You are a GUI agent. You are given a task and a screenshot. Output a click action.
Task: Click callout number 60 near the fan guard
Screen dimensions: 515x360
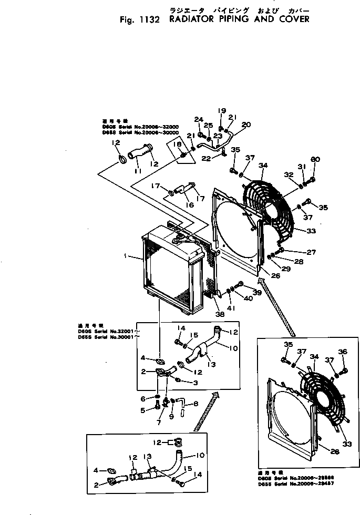tap(315, 160)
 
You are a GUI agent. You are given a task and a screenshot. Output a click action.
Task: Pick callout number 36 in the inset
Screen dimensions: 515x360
tap(343, 352)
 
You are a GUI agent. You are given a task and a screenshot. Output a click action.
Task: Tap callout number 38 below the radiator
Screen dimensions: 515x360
tap(219, 314)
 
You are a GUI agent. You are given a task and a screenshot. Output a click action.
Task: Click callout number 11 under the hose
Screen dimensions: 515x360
tap(137, 171)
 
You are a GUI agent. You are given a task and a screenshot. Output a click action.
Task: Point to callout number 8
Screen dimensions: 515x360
tap(196, 404)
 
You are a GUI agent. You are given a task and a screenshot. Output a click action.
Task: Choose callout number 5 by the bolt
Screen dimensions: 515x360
tap(142, 410)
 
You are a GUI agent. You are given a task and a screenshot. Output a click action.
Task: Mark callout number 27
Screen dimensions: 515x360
tap(311, 252)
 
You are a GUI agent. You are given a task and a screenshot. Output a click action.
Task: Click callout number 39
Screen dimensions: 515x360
tap(257, 292)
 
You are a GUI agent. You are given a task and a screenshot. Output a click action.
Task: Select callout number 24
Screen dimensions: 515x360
tap(199, 119)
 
